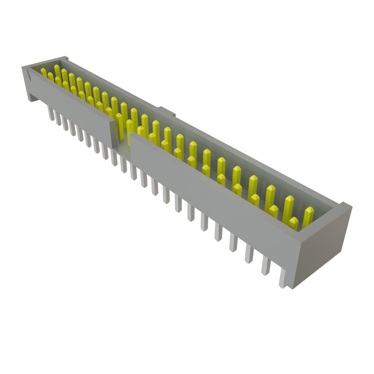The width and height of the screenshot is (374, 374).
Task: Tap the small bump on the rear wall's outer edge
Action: [166, 111]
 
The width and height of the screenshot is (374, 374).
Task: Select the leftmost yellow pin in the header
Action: [43, 72]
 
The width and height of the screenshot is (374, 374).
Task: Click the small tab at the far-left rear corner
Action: [65, 58]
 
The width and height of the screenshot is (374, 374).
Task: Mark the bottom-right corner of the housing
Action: [292, 289]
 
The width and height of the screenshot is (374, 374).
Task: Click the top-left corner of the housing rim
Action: [23, 67]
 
